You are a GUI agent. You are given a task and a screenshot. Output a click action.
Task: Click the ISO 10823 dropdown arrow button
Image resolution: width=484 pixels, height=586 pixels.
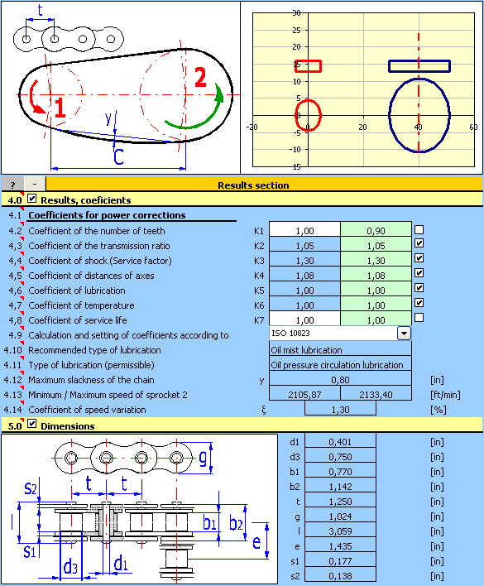404,333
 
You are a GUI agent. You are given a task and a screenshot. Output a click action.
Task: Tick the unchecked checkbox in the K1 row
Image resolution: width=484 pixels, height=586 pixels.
419,229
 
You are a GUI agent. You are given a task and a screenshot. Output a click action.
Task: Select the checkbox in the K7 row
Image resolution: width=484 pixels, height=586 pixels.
419,317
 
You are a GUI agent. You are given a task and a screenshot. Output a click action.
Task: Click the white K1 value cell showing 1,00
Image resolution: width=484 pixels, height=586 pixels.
304,230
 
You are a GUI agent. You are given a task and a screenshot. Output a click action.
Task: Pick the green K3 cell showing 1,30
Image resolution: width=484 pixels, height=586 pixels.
376,260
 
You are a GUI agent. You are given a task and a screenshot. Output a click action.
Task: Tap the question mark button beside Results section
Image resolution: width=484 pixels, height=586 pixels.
12,185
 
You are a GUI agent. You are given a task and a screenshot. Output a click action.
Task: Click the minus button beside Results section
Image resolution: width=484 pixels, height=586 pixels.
35,185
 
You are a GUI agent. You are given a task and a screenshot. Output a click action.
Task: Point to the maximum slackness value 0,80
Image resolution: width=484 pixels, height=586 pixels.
340,379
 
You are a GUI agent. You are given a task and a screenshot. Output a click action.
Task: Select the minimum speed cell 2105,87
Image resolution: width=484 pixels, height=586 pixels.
304,394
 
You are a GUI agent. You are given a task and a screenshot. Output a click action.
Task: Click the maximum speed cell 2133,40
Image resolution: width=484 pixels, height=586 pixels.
376,394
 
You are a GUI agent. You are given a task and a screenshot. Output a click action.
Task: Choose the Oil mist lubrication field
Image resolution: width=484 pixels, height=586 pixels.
340,349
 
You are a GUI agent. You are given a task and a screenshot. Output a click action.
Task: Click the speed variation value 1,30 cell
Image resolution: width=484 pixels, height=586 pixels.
340,409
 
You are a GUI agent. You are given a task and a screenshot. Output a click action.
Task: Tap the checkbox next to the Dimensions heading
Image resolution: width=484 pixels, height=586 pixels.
32,424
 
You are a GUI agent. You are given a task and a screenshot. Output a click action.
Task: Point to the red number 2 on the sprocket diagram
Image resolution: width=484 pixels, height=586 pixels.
200,77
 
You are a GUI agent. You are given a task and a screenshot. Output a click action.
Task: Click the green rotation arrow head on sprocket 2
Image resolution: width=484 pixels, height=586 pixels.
219,93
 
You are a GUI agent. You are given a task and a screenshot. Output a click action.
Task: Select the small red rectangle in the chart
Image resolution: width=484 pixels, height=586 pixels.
308,66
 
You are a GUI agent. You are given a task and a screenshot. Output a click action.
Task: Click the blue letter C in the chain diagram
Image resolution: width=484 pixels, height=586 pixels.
118,156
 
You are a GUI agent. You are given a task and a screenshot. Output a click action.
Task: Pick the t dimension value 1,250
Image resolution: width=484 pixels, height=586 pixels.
340,502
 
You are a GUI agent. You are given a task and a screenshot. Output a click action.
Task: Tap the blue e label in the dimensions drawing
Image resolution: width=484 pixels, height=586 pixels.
256,542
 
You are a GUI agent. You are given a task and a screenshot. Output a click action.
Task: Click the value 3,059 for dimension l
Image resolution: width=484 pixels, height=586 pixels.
340,531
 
